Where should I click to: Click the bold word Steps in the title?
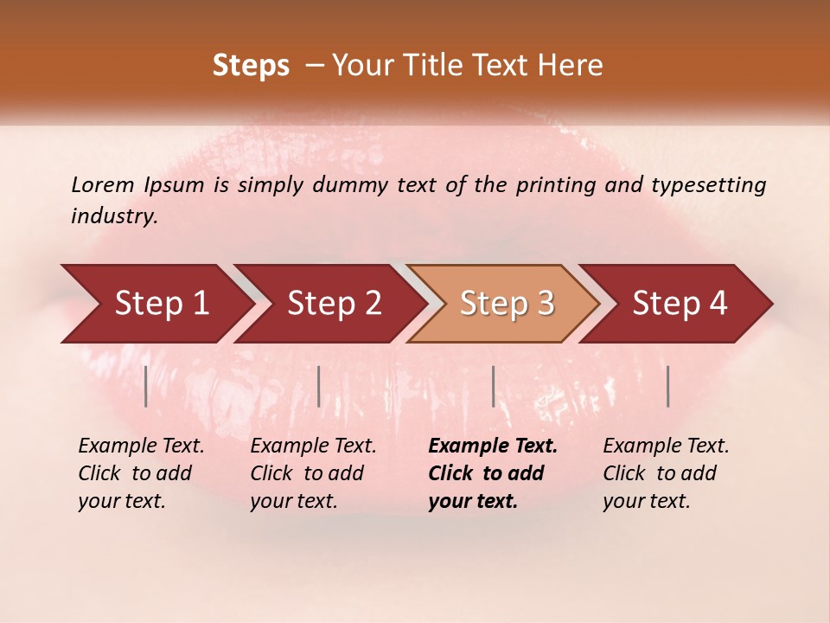click(251, 66)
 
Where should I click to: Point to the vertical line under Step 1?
click(146, 386)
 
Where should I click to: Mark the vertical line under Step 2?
click(319, 386)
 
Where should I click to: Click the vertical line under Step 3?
click(493, 386)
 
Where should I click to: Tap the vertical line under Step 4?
click(667, 386)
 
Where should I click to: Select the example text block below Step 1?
click(141, 473)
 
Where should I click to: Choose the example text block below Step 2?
click(313, 473)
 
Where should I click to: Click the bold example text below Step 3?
click(493, 473)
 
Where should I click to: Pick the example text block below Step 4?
click(666, 473)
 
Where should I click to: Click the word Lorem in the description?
click(102, 185)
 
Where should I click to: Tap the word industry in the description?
click(113, 216)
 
